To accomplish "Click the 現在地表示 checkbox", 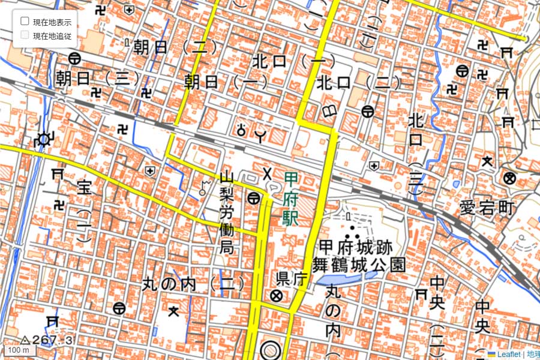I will [25, 21].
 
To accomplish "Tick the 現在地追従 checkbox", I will [25, 35].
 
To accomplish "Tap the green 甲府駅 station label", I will [291, 198].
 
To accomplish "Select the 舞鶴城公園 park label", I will [359, 264].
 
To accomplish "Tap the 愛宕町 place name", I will [487, 208].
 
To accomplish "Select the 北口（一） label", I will [290, 61].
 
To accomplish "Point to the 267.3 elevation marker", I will [48, 340].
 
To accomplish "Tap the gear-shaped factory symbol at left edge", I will [43, 140].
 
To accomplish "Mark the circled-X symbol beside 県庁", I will [276, 295].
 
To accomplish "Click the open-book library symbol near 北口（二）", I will [329, 110].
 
